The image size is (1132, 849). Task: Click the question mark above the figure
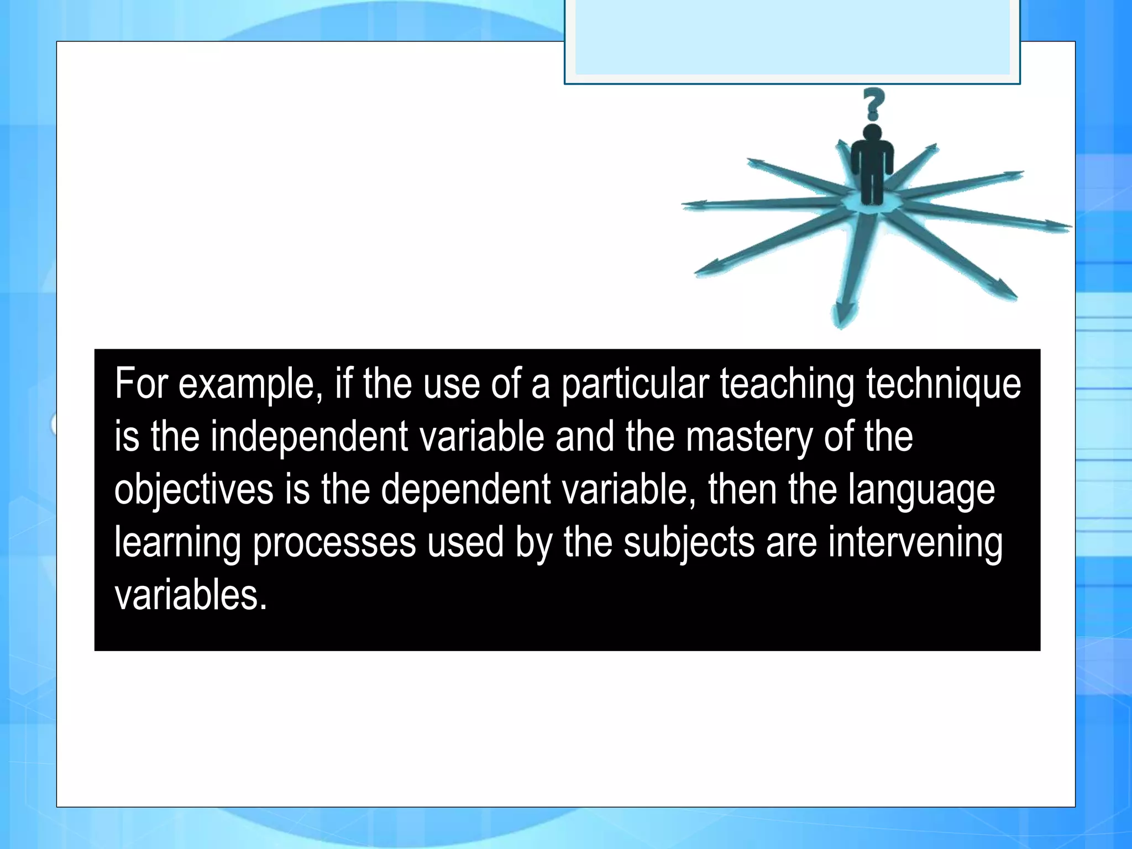[873, 104]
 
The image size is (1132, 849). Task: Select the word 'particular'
[635, 384]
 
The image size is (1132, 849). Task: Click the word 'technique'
[944, 384]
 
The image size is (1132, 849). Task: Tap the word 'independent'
[309, 437]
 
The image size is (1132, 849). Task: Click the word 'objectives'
[194, 490]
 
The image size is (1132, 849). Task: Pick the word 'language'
[921, 490]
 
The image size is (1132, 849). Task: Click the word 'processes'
[334, 543]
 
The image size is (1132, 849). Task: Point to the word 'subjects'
[689, 543]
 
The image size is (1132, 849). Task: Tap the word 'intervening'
[915, 543]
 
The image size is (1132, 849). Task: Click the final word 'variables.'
[191, 595]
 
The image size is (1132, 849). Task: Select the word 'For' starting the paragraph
[141, 384]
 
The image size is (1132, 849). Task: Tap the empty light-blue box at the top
[792, 38]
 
